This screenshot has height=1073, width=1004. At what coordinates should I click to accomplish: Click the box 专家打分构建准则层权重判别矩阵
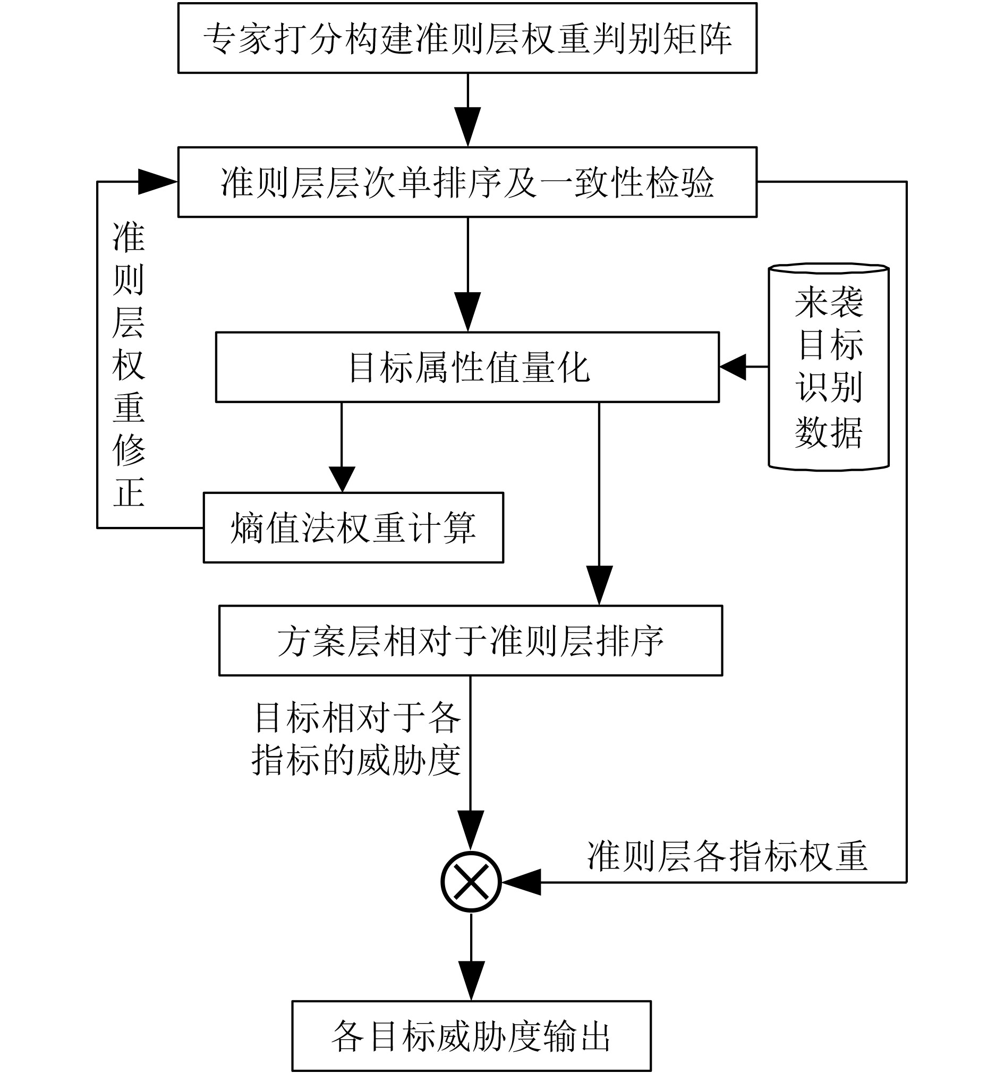coord(467,38)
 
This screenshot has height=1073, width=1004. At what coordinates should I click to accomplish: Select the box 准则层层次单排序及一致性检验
coord(467,182)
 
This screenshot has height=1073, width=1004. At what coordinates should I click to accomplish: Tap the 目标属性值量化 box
coord(467,368)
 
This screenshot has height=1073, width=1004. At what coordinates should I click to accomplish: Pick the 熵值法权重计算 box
coord(354,527)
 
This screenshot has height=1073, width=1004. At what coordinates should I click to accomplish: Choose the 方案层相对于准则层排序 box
coord(471,641)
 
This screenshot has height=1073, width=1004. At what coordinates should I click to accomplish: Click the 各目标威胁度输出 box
coord(471,1036)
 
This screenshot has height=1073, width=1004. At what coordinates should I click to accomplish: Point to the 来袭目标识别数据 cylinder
coord(829,367)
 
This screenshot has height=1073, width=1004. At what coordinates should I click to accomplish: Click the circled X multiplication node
coord(471,882)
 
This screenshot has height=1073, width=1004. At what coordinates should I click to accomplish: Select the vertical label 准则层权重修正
coord(129,364)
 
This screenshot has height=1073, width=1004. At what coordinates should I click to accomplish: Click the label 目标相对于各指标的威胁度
coord(356,739)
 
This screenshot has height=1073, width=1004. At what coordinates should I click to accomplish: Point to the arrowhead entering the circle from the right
coord(522,882)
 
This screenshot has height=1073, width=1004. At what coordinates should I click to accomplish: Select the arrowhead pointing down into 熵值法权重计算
coord(342,479)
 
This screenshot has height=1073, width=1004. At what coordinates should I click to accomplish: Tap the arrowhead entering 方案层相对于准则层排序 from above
coord(599,584)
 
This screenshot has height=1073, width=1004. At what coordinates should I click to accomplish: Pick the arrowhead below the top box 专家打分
coord(467,126)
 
